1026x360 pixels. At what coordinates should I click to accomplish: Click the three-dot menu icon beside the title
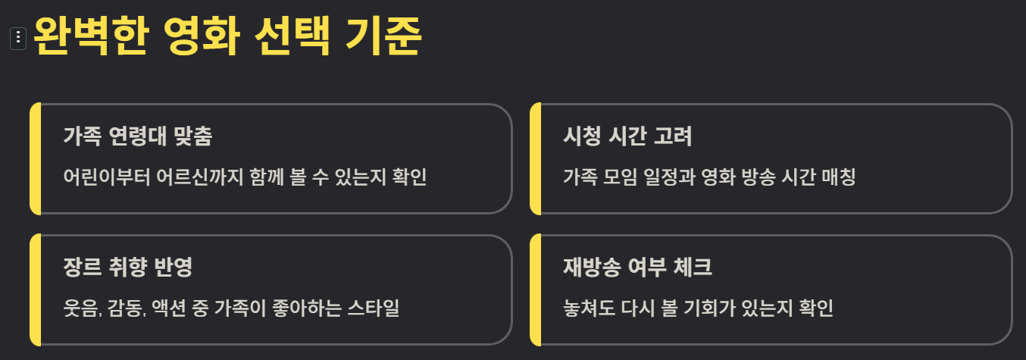tap(18, 38)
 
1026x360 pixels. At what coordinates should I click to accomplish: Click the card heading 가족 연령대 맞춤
tap(137, 136)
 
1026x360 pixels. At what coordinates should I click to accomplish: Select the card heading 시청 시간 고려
tap(627, 136)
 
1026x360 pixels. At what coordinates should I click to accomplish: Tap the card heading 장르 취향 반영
tap(128, 268)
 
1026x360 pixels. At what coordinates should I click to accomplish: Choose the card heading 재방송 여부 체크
tap(637, 268)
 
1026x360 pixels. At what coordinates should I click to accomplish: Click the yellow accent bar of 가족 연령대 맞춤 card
tap(35, 158)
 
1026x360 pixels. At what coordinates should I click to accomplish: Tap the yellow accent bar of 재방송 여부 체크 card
tap(535, 290)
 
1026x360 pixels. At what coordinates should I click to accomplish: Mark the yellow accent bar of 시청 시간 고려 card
tap(535, 158)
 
